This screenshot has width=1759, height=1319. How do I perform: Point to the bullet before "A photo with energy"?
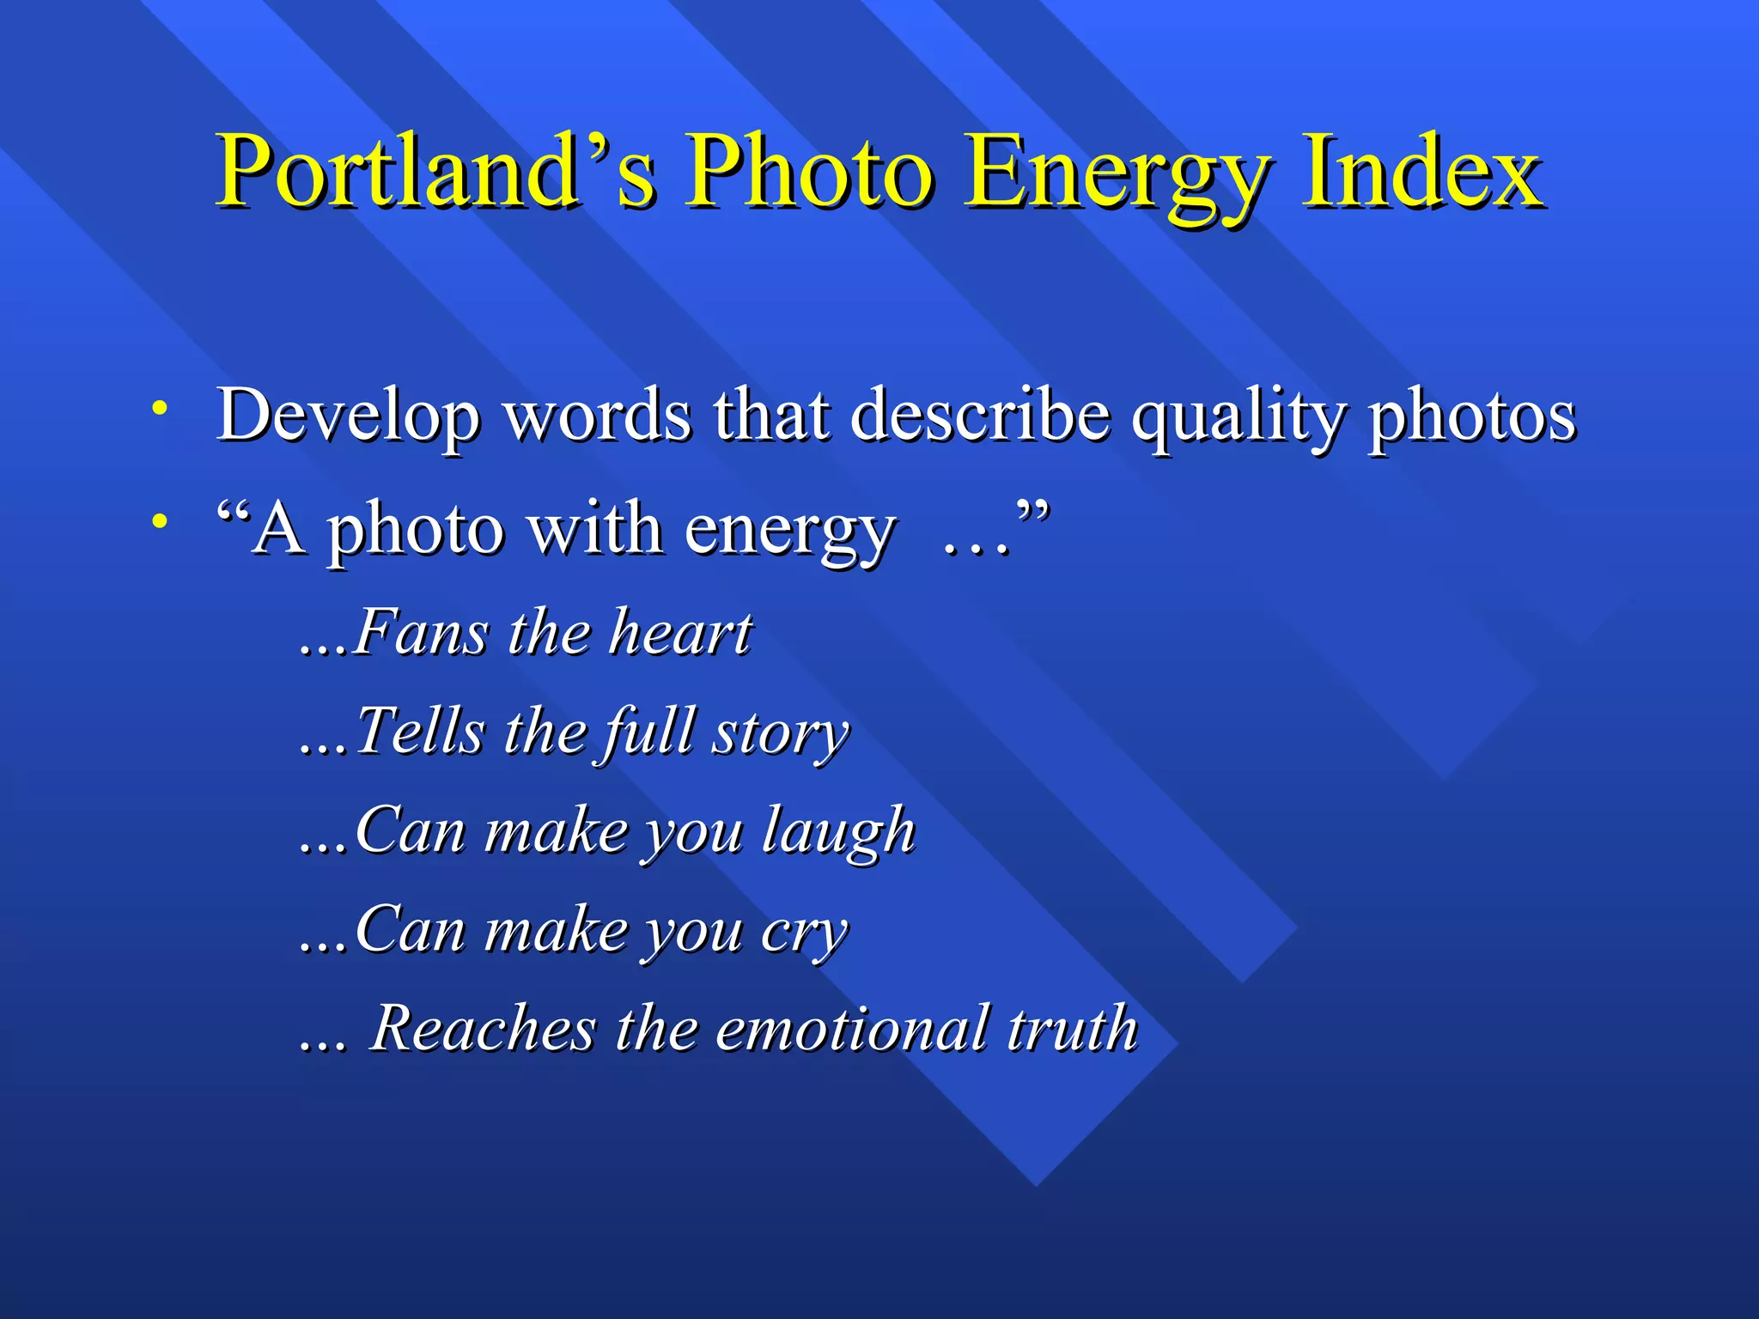[158, 520]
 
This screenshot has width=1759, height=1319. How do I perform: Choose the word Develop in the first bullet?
[348, 416]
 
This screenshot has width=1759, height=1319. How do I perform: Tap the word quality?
[1237, 417]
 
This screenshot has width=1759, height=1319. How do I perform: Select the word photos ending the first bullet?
[1472, 416]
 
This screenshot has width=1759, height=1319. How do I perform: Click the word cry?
[804, 933]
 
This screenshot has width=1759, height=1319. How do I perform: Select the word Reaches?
[483, 1028]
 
